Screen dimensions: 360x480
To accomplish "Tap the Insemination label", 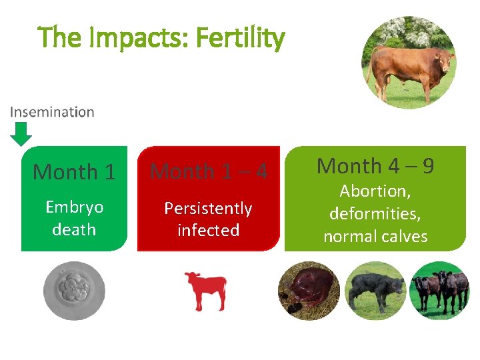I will (x=52, y=112).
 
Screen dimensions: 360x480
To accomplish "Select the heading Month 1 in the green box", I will (x=74, y=172).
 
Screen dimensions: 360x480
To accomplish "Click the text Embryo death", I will (x=74, y=218).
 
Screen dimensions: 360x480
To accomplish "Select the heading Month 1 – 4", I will (x=209, y=171).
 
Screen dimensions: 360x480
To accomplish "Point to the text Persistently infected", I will (x=208, y=219).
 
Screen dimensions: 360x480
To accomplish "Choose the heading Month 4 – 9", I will (x=375, y=165).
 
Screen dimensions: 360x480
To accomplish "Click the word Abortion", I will (x=374, y=192).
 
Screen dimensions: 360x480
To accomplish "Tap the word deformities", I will (x=375, y=214).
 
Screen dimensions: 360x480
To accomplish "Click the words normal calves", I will (x=375, y=237).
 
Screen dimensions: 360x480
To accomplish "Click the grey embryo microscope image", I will (x=74, y=291).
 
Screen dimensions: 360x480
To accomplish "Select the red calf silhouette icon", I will (x=206, y=291).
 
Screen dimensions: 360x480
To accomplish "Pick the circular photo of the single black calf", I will (x=375, y=291).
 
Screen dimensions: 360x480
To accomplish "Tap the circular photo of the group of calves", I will (x=439, y=291).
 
